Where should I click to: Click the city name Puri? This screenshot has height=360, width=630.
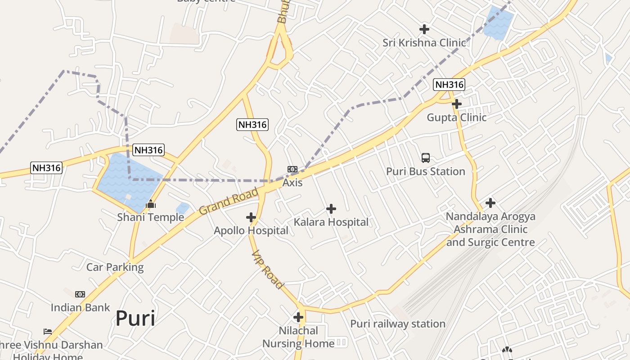coord(135,318)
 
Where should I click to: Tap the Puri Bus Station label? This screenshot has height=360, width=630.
coord(425,171)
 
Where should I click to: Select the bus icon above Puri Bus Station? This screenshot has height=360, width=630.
coord(426,158)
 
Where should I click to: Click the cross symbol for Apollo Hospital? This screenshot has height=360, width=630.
coord(251,218)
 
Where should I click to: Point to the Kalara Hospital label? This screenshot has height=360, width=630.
coord(331,222)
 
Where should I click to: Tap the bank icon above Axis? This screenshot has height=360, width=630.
coord(292,169)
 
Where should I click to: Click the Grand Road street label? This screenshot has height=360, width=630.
coord(229,201)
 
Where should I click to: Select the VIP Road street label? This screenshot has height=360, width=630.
coord(268,270)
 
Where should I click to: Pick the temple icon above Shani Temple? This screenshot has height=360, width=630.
coord(151,204)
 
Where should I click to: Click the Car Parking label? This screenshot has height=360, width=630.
coord(115,267)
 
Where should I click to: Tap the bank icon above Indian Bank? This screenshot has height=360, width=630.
coord(80,294)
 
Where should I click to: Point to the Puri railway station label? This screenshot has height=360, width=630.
coord(398,324)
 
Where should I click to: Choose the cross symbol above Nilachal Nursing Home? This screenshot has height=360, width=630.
coord(298,317)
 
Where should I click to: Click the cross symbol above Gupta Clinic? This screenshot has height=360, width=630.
coord(457,104)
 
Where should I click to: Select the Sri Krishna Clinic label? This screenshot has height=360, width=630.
coord(424,43)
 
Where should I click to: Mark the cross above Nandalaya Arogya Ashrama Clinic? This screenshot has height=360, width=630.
coord(490,203)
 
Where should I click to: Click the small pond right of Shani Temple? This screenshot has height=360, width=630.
coord(183,208)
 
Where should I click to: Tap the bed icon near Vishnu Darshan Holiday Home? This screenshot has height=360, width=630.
coord(48,332)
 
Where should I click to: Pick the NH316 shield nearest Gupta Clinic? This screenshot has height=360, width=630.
coord(449,84)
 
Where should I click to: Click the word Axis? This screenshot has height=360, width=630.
coord(292,183)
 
